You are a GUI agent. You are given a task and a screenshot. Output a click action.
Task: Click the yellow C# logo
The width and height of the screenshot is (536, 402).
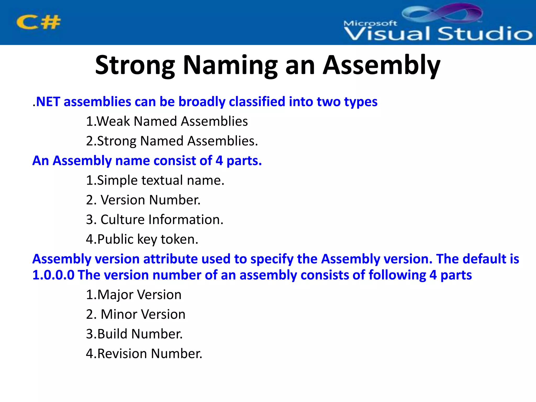[x=38, y=22]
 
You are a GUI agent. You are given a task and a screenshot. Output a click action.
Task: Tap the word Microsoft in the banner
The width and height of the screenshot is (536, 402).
[x=370, y=23]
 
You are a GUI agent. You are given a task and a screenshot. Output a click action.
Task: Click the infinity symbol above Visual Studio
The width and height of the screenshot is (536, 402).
[x=442, y=13]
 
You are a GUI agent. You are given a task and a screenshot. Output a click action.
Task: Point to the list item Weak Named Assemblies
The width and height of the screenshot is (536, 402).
[x=167, y=121]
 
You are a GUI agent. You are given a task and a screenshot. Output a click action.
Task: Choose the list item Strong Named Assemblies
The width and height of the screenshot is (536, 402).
[x=172, y=141]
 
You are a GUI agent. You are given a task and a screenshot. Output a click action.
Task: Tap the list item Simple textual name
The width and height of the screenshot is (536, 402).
[x=155, y=180]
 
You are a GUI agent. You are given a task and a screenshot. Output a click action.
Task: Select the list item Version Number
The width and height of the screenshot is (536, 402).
[x=143, y=200]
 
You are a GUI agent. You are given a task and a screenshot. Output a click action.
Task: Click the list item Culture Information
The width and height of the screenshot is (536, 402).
[x=155, y=220]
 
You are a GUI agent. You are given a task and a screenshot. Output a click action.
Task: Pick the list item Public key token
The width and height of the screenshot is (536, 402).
[x=142, y=239]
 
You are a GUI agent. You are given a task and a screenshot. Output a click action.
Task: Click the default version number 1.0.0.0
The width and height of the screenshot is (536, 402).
[x=53, y=275]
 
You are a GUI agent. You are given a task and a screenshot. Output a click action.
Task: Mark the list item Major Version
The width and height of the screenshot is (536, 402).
[x=134, y=295]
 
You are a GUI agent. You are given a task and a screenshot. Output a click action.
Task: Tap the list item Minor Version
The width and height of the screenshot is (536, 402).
[x=136, y=314]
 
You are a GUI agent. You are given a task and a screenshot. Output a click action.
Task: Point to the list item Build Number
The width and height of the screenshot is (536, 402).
[x=134, y=334]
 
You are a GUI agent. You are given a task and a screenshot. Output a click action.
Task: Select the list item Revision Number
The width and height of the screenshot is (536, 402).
[x=144, y=354]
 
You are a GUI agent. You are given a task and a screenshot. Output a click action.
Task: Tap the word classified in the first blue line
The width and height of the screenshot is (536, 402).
[x=257, y=102]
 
